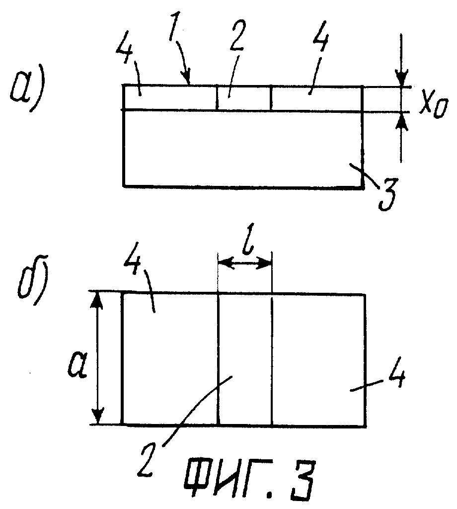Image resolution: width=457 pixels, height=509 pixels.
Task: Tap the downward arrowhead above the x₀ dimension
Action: (401, 79)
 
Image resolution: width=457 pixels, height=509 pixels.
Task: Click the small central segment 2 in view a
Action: (243, 98)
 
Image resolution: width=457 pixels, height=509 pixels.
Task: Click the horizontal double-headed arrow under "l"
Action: (245, 263)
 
